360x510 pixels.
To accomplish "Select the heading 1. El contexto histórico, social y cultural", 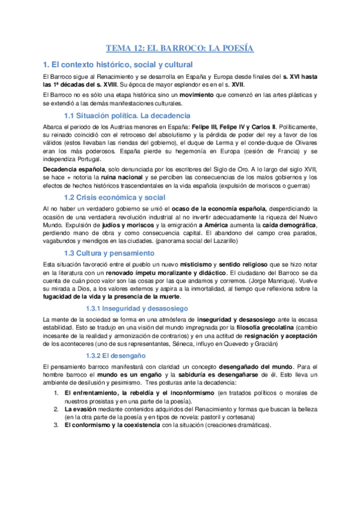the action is [x=118, y=64].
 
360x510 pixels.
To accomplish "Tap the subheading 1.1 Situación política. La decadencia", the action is [x=127, y=115].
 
